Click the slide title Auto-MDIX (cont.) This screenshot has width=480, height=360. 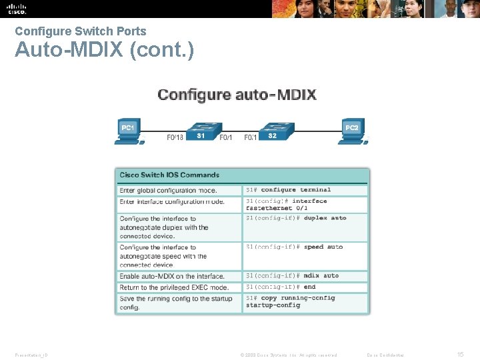click(105, 50)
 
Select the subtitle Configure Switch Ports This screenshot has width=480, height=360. click(81, 31)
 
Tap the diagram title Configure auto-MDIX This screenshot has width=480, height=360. click(237, 94)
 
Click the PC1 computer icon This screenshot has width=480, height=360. click(127, 131)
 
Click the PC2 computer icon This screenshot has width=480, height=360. click(352, 131)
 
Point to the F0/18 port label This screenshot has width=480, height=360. click(175, 138)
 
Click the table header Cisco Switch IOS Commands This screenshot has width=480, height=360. click(169, 175)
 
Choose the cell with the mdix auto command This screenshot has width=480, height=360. click(305, 275)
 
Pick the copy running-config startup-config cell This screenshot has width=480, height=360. click(305, 302)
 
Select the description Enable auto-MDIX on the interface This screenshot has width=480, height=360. click(172, 276)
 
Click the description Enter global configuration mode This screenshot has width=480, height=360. click(168, 191)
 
